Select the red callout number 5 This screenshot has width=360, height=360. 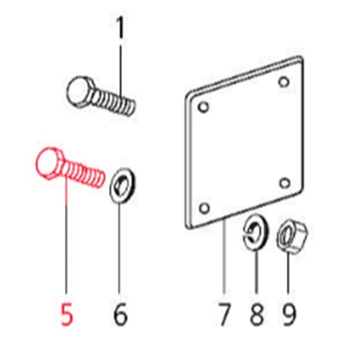[67, 314]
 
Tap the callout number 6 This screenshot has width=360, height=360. [120, 314]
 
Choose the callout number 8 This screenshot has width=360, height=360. [256, 314]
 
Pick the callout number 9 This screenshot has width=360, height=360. [289, 314]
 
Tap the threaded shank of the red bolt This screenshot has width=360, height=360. [83, 173]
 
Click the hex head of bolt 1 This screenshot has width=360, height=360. [80, 92]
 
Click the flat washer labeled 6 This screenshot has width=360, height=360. [122, 185]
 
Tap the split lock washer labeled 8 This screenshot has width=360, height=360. [256, 232]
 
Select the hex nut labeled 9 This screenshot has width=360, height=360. [292, 235]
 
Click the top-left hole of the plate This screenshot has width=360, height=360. [203, 107]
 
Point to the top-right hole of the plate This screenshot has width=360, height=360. [284, 82]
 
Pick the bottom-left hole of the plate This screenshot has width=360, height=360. [204, 208]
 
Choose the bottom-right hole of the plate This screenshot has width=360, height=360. [284, 183]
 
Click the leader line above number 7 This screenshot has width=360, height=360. [224, 256]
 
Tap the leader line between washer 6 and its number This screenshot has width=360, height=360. [119, 248]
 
